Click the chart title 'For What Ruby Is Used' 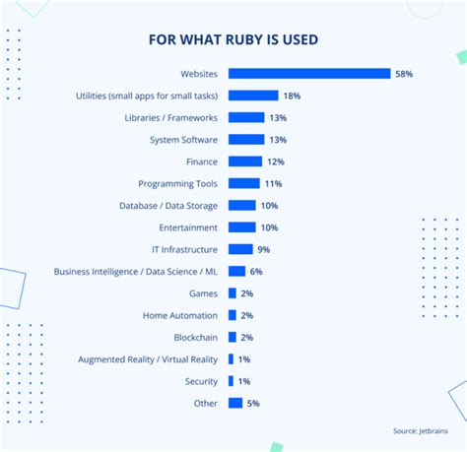(233, 40)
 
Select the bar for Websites (309, 73)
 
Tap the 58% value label (405, 74)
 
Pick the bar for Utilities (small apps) (253, 96)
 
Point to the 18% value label (292, 96)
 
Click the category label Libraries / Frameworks (171, 117)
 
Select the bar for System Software (246, 139)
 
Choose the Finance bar (245, 161)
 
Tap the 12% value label (275, 161)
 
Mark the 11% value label (272, 183)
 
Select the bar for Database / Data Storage (242, 205)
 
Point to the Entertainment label (188, 227)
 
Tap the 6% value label (256, 271)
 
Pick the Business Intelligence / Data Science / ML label (136, 271)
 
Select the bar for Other (235, 403)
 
